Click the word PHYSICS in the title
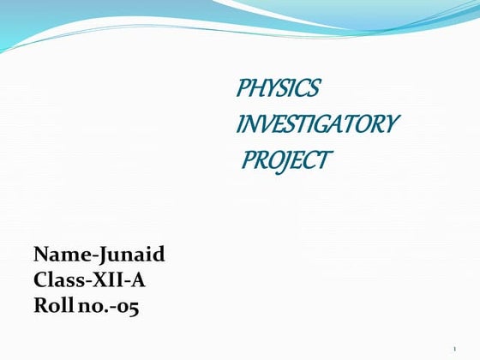(278, 88)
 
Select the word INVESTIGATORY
(316, 124)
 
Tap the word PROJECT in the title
(286, 160)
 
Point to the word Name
(57, 255)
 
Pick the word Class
(57, 279)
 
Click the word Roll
(52, 304)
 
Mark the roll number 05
(128, 305)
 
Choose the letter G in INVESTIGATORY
(324, 124)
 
